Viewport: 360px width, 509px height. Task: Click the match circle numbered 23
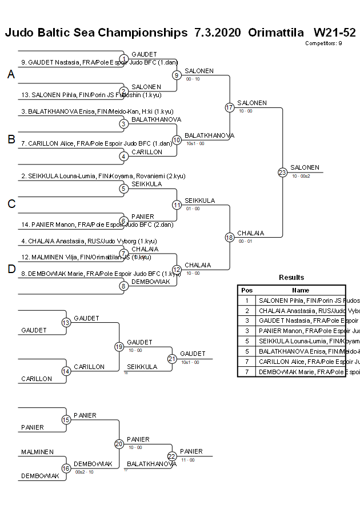click(x=282, y=172)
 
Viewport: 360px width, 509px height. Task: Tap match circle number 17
click(x=230, y=107)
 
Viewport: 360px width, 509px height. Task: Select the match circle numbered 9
click(x=177, y=75)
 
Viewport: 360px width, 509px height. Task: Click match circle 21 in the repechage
click(x=172, y=359)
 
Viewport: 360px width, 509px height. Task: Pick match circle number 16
click(x=66, y=468)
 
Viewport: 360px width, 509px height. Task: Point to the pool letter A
click(x=11, y=75)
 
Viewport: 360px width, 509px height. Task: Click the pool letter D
click(x=11, y=269)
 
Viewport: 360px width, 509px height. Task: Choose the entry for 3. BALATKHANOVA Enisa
click(x=97, y=111)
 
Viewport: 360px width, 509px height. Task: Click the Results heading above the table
click(x=291, y=278)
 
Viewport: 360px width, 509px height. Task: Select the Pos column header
click(x=247, y=290)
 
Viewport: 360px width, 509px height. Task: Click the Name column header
click(x=301, y=290)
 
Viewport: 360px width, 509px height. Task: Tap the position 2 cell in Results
click(x=247, y=311)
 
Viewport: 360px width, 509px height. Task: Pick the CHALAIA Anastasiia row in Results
click(x=301, y=311)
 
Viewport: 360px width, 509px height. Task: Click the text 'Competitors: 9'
click(x=323, y=43)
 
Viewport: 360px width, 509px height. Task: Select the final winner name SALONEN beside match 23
click(x=305, y=167)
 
